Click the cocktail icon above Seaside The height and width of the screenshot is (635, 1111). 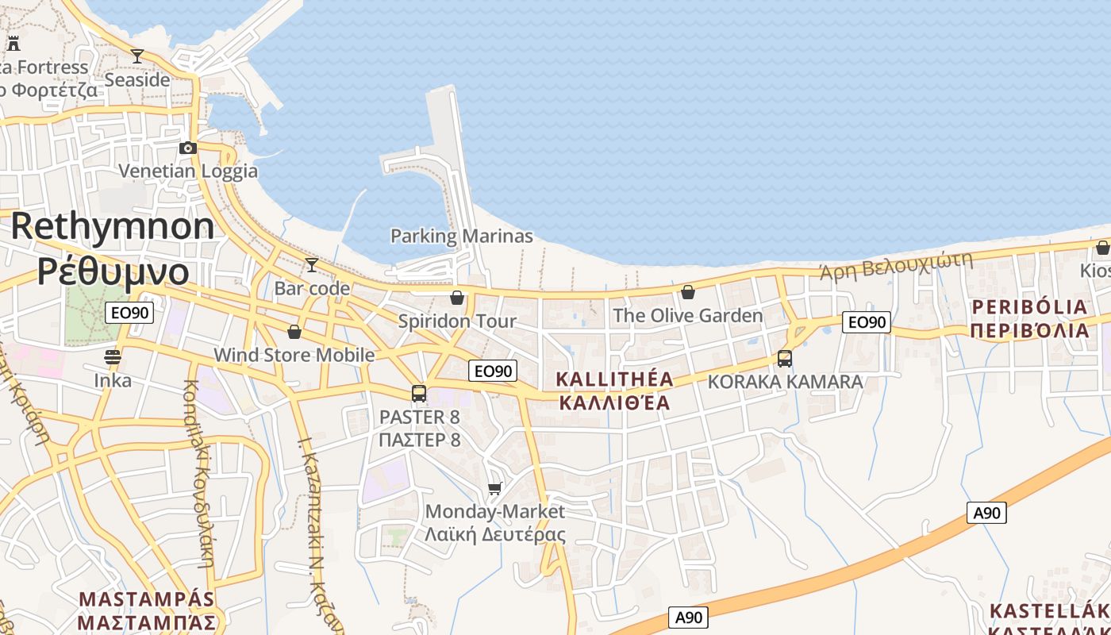[137, 56]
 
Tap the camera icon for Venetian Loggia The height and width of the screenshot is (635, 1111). [188, 148]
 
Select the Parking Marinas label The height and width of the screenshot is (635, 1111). [462, 236]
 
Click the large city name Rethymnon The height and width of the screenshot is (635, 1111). [112, 226]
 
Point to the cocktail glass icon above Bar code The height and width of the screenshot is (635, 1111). [312, 264]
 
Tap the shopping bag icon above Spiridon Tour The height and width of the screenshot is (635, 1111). [457, 298]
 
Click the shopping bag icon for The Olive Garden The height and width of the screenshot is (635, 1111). [688, 292]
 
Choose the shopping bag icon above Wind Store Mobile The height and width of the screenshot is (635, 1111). [294, 331]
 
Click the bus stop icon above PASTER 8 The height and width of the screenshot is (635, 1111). [419, 393]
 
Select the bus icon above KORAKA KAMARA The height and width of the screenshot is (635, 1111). [785, 358]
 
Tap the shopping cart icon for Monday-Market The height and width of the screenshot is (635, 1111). [495, 488]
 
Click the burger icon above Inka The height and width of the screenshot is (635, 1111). [113, 356]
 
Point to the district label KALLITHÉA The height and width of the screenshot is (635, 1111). [615, 379]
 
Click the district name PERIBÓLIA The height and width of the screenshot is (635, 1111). [1029, 307]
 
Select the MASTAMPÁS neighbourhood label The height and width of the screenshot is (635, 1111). [148, 598]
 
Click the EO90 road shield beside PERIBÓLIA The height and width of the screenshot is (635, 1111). [867, 321]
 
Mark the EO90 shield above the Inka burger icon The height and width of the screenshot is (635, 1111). [129, 313]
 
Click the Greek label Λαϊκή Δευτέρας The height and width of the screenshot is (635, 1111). [495, 533]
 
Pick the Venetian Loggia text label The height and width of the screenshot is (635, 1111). [188, 171]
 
